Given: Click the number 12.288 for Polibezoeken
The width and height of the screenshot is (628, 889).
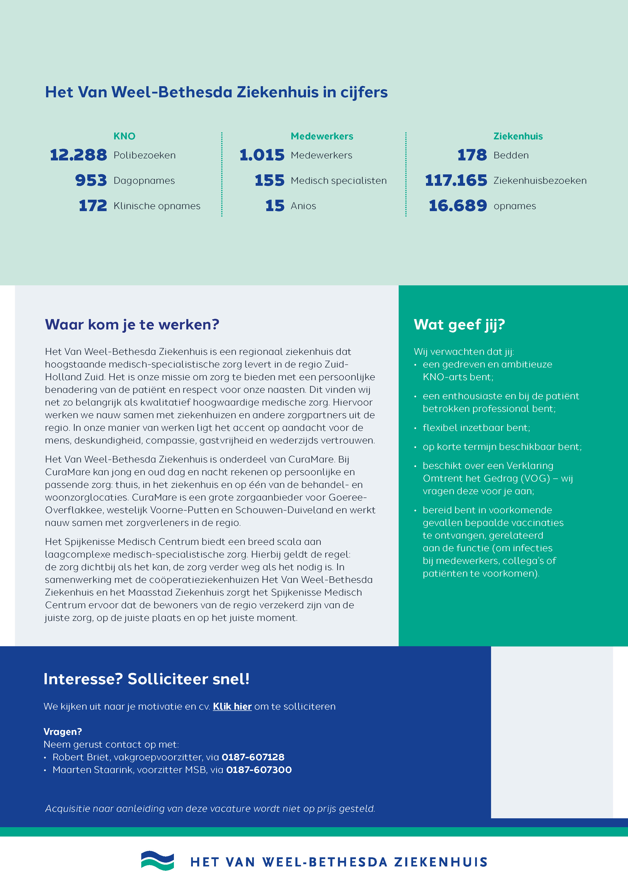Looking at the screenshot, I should (78, 155).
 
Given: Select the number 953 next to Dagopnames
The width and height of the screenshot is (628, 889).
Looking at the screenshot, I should (91, 180).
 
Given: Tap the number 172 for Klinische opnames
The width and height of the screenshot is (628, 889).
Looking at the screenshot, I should (93, 206).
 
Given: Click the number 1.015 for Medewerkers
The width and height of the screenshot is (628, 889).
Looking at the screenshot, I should (262, 155).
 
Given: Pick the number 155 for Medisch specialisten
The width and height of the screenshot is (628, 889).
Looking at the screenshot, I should (270, 180).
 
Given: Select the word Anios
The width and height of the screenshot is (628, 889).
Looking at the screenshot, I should (303, 206).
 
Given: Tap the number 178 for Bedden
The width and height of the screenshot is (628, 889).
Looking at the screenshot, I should (472, 155).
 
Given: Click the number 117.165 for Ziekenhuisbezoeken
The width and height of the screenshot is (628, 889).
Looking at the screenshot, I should (456, 180).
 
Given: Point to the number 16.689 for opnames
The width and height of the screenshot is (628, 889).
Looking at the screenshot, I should (458, 206).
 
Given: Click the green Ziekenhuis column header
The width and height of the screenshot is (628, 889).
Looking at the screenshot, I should (518, 136).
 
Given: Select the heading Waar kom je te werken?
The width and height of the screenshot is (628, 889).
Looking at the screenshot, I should (132, 324).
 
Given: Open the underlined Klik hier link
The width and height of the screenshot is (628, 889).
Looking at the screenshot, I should (232, 707).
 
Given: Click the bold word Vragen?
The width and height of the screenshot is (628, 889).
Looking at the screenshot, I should (63, 732).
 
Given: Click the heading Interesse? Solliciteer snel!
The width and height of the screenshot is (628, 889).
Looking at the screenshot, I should (147, 679).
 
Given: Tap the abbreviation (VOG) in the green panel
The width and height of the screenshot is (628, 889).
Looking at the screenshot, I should (535, 478).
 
